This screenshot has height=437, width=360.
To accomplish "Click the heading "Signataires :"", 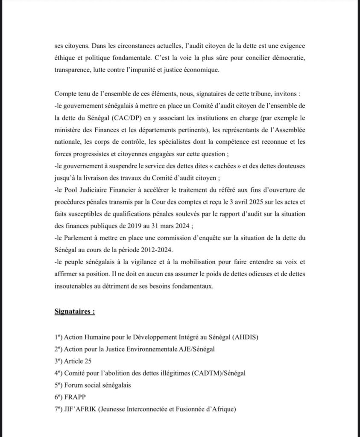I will [75, 312].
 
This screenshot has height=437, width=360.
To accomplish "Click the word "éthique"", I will [65, 57].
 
